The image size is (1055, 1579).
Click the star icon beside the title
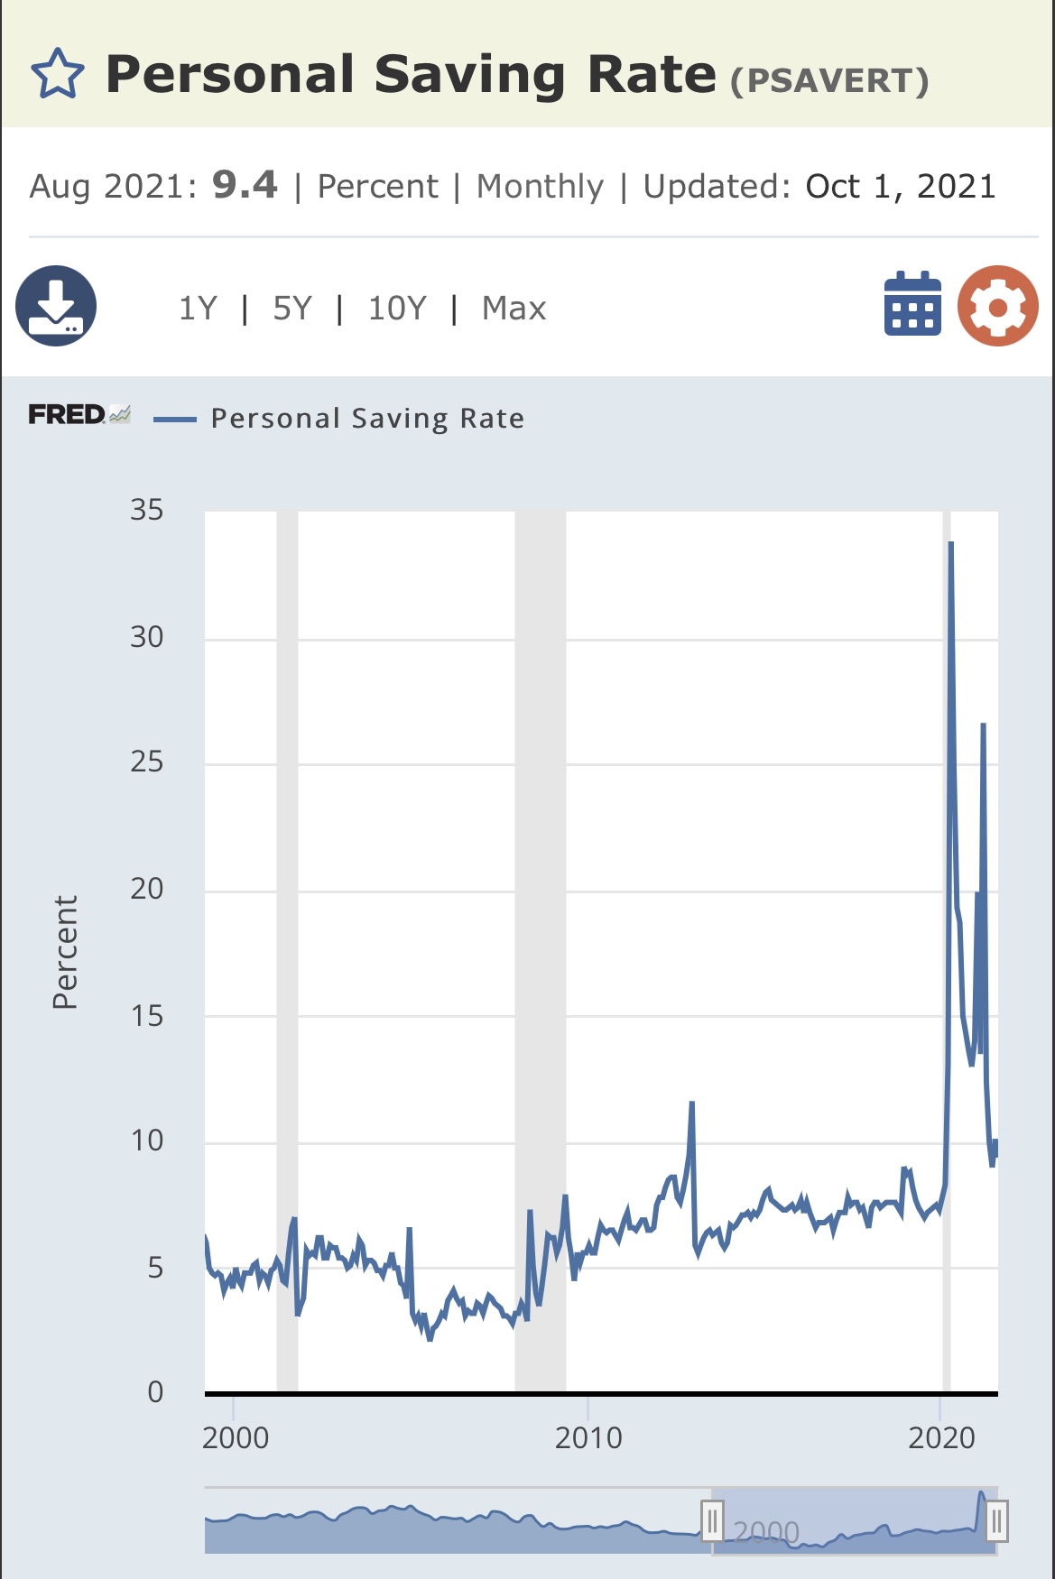point(58,74)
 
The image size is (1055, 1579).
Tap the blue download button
point(56,306)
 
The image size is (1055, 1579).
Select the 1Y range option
point(198,309)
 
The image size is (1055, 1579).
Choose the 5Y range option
point(292,309)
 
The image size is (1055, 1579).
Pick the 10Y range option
point(396,309)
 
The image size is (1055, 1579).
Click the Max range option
point(514,309)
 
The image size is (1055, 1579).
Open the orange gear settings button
point(997,306)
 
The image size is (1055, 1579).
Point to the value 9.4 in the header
point(245,185)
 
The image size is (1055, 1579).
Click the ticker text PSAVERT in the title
point(829,81)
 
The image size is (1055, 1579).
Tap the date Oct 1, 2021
point(900,186)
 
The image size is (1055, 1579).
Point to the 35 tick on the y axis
point(147,511)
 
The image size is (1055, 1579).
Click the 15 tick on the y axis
point(147,1016)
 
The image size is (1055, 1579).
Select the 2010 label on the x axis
point(588,1437)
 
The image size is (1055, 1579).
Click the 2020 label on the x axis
point(941,1437)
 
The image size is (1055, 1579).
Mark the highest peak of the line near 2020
point(951,543)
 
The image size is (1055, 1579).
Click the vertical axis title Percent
point(65,952)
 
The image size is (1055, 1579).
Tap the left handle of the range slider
point(712,1521)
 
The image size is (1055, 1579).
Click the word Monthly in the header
point(540,186)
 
